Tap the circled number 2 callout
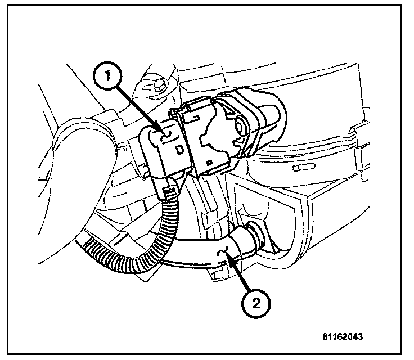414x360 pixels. point(255,304)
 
